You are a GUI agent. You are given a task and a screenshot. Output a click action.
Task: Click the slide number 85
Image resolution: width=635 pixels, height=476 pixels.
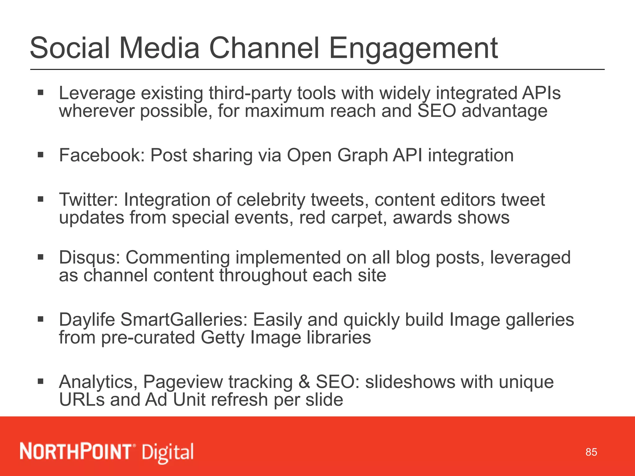click(x=591, y=452)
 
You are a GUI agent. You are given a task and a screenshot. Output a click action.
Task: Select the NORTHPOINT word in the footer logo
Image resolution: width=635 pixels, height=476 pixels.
click(x=76, y=452)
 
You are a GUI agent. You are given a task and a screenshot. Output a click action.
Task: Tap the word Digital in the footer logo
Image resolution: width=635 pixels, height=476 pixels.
click(x=168, y=452)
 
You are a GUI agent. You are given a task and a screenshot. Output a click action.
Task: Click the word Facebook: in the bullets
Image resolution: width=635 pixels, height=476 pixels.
click(x=102, y=155)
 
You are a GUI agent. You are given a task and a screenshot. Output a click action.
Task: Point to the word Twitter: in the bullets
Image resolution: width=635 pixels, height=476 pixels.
click(x=89, y=200)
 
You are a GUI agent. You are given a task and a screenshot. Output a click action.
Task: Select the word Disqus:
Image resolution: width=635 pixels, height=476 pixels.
click(x=90, y=258)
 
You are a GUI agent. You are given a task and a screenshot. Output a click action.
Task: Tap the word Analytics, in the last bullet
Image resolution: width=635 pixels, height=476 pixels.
click(x=98, y=382)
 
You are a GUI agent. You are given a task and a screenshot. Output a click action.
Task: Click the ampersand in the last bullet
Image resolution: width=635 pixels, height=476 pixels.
click(x=304, y=382)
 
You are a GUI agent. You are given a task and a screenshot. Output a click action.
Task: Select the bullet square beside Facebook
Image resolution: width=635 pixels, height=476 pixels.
click(x=41, y=155)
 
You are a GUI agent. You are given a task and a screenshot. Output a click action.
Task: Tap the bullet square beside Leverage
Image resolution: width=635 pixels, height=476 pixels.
click(x=41, y=92)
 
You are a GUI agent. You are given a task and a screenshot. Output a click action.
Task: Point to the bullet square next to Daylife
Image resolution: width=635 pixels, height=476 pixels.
click(x=41, y=319)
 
